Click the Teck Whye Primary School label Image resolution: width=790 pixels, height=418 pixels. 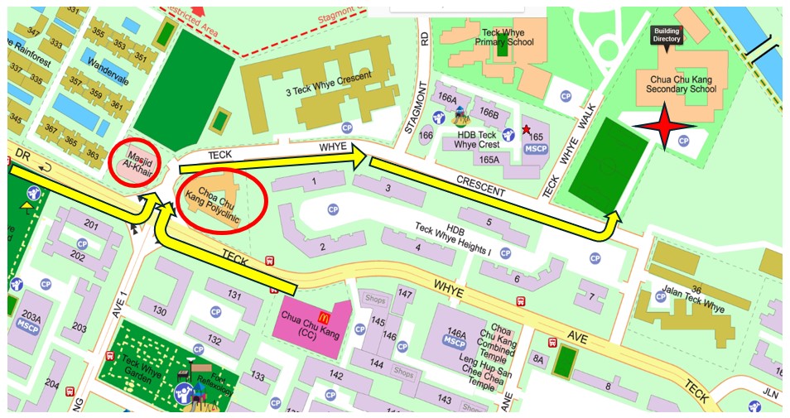click(504, 36)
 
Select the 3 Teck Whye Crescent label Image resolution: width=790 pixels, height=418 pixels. click(329, 84)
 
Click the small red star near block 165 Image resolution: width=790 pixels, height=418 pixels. click(526, 130)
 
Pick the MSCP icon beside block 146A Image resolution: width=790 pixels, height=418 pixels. click(455, 340)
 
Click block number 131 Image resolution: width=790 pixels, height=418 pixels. click(234, 295)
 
